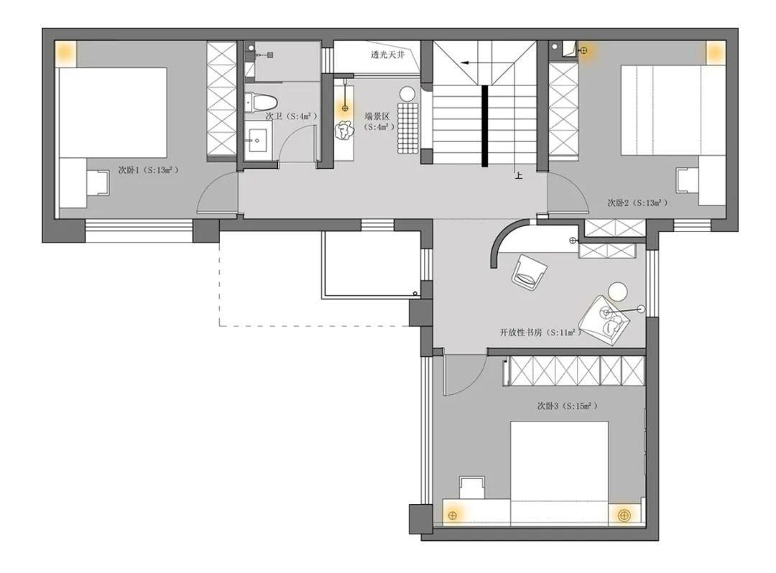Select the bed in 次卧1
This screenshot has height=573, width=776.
[112, 113]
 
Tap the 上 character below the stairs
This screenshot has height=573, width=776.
[518, 174]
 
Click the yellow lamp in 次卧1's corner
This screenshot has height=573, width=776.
[65, 52]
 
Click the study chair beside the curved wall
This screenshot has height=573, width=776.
[529, 272]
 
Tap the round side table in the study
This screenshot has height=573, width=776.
[618, 292]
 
